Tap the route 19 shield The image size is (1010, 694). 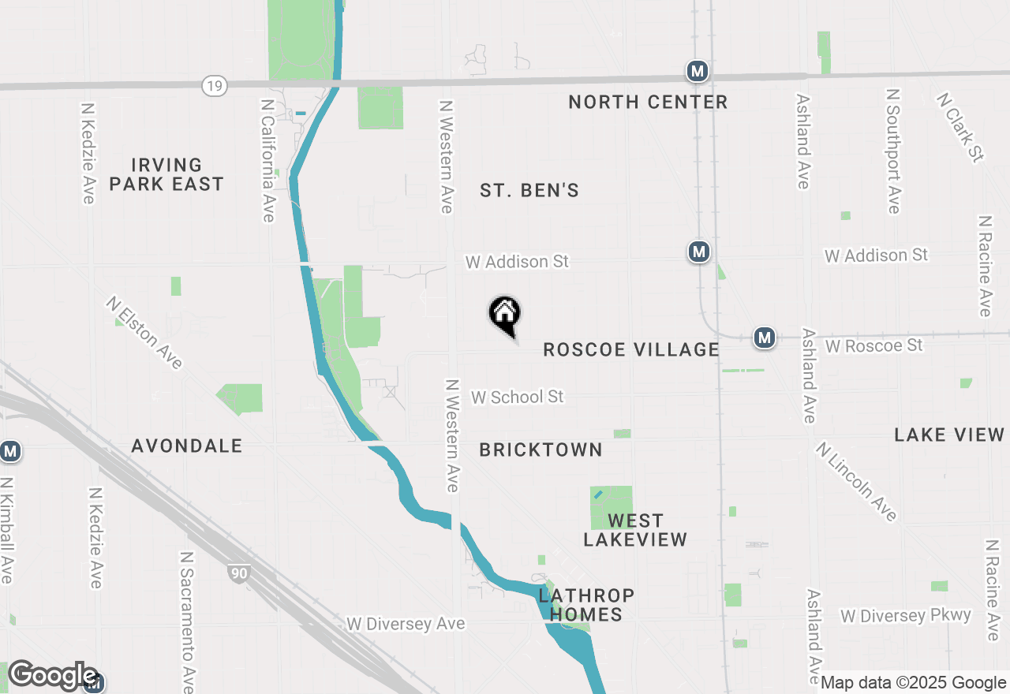pyautogui.click(x=215, y=85)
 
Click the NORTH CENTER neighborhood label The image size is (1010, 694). pyautogui.click(x=648, y=102)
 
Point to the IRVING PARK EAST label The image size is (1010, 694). pyautogui.click(x=166, y=174)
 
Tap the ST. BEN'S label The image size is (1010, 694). pyautogui.click(x=529, y=190)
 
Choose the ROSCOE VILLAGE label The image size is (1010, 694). pyautogui.click(x=631, y=349)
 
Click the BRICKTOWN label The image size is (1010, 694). pyautogui.click(x=541, y=450)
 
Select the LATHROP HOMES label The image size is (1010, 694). pyautogui.click(x=586, y=604)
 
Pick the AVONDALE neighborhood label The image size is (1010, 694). pyautogui.click(x=187, y=446)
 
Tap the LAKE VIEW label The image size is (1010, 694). pyautogui.click(x=949, y=435)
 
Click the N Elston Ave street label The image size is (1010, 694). pyautogui.click(x=145, y=332)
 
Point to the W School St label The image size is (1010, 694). pyautogui.click(x=518, y=397)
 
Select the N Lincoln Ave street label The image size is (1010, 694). pyautogui.click(x=857, y=481)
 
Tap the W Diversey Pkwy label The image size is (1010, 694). pyautogui.click(x=906, y=615)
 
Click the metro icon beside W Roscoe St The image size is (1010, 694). pyautogui.click(x=764, y=338)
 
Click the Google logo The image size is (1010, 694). pyautogui.click(x=53, y=676)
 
